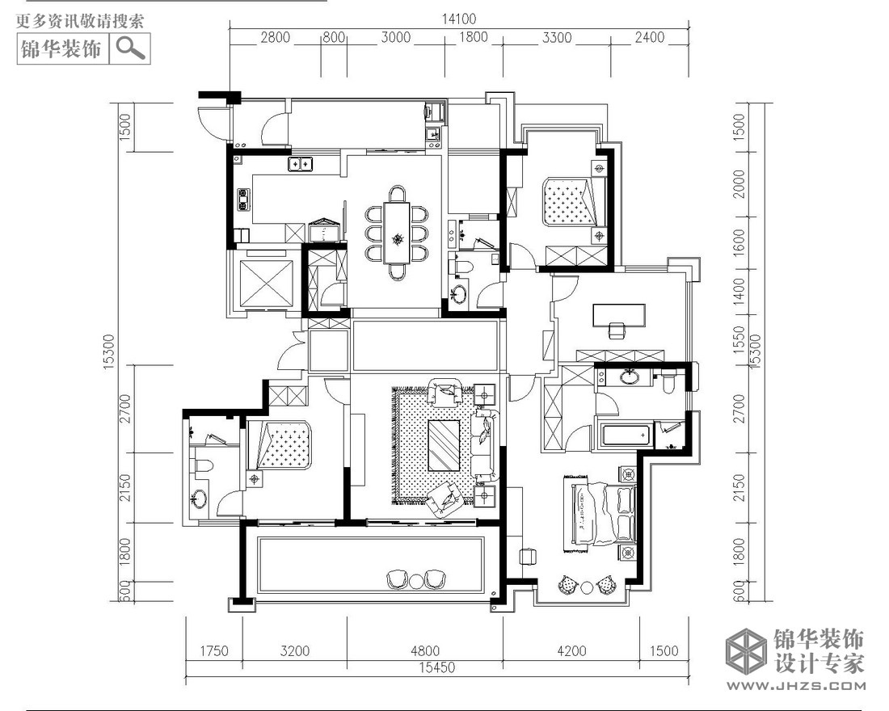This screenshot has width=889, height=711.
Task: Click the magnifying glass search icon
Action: point(131,48)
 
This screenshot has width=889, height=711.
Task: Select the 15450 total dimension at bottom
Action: point(436,667)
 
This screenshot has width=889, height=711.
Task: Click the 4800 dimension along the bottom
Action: point(424,650)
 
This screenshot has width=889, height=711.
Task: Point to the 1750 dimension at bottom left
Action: point(213,650)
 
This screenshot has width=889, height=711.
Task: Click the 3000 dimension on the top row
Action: point(395,37)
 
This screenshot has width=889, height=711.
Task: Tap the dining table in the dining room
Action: point(398,233)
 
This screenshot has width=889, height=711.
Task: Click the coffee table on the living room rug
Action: point(444,445)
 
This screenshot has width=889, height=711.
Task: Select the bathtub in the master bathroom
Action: point(624,435)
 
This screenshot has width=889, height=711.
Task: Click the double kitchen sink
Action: point(300,165)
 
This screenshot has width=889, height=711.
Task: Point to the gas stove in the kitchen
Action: point(244,200)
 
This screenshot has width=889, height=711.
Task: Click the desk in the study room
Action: point(618,315)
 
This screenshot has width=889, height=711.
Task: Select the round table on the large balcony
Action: point(417,580)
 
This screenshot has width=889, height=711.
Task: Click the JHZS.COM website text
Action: point(796,686)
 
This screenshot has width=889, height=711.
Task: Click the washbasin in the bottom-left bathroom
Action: point(197,499)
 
